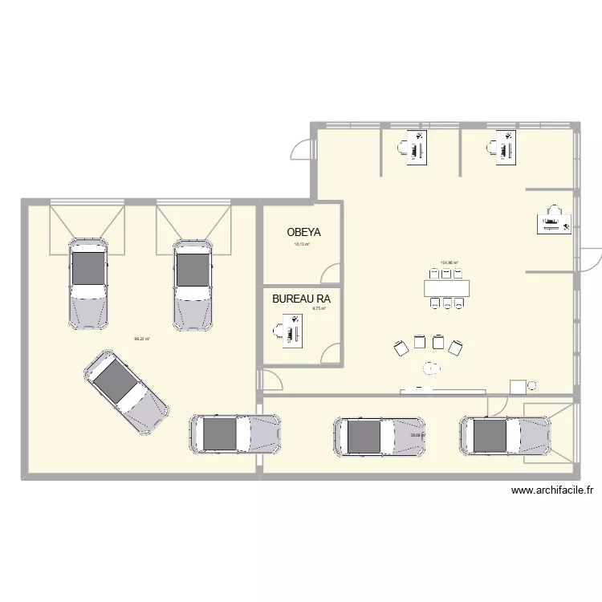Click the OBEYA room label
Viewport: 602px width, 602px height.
(303, 233)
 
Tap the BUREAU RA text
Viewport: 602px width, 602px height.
(301, 299)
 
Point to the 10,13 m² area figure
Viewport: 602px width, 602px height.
(302, 244)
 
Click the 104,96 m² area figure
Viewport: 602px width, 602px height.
(448, 262)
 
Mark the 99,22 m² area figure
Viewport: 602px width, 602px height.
(142, 339)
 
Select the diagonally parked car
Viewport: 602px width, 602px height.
(127, 388)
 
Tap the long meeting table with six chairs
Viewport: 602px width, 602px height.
(447, 287)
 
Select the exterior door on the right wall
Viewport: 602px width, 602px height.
(592, 258)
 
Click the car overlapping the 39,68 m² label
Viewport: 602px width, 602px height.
(380, 437)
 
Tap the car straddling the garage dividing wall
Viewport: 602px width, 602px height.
(235, 434)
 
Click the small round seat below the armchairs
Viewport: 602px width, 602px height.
(433, 368)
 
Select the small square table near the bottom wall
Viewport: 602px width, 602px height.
(518, 387)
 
